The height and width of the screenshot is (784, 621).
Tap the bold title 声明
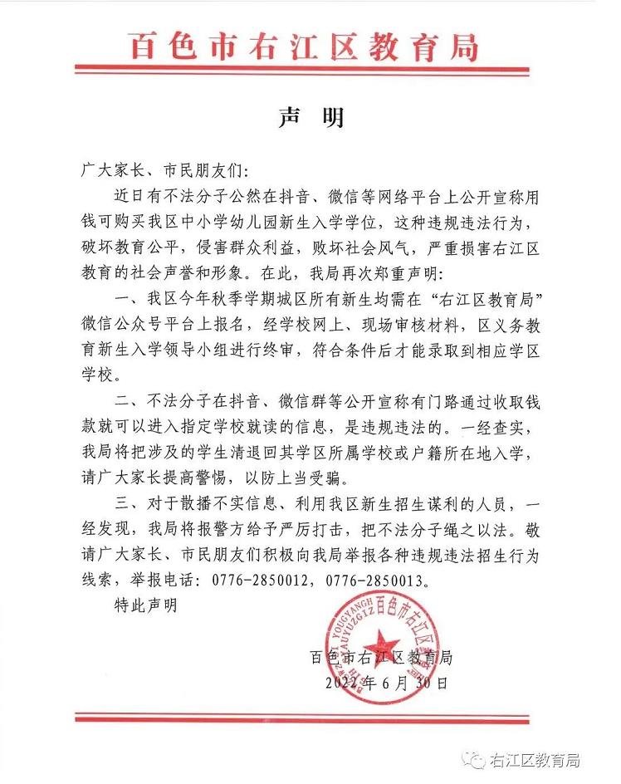tap(310, 118)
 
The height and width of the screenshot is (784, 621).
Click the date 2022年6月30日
tap(388, 683)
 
